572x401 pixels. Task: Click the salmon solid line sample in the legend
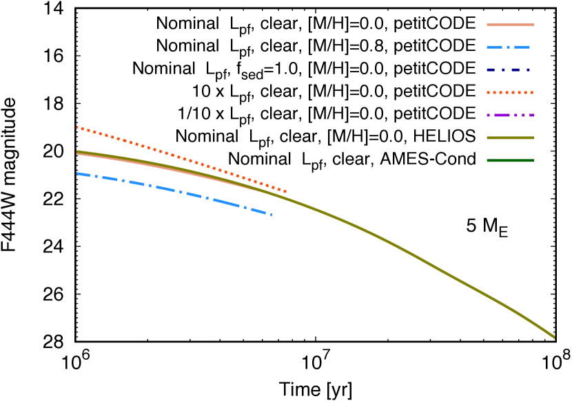pyautogui.click(x=510, y=25)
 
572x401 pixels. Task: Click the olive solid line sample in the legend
pyautogui.click(x=510, y=138)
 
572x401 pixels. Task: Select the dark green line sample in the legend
pyautogui.click(x=510, y=160)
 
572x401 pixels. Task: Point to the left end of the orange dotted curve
pyautogui.click(x=77, y=127)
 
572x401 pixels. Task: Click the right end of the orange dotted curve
pyautogui.click(x=285, y=191)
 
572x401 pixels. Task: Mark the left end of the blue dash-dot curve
pyautogui.click(x=77, y=173)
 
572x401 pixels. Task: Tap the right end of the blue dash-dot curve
pyautogui.click(x=272, y=215)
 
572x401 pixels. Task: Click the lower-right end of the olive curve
pyautogui.click(x=553, y=336)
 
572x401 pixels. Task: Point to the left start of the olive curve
pyautogui.click(x=77, y=151)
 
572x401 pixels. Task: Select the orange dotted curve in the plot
pyautogui.click(x=172, y=155)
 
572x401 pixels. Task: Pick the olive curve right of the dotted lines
pyautogui.click(x=413, y=254)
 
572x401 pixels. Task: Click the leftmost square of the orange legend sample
pyautogui.click(x=488, y=92)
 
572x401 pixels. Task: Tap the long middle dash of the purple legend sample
pyautogui.click(x=502, y=115)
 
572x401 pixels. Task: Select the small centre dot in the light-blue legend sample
pyautogui.click(x=508, y=47)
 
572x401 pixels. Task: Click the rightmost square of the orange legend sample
pyautogui.click(x=531, y=92)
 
